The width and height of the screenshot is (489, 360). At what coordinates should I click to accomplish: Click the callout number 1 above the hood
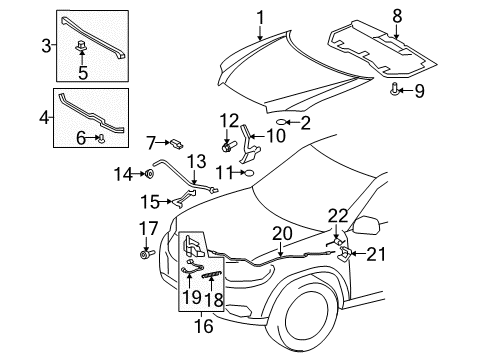pyautogui.click(x=260, y=17)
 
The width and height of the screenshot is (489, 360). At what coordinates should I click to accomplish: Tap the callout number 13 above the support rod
pyautogui.click(x=196, y=162)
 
